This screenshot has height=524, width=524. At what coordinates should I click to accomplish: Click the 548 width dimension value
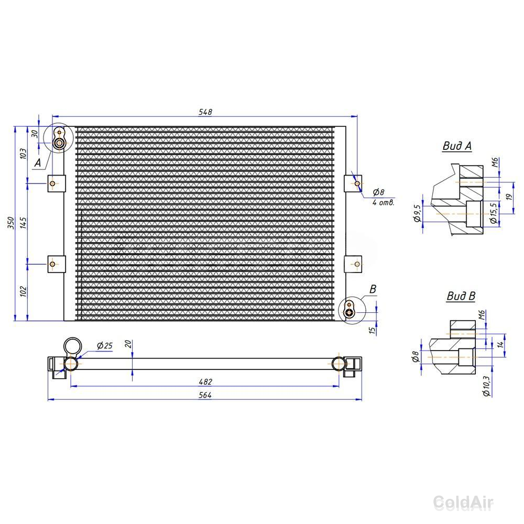click(205, 112)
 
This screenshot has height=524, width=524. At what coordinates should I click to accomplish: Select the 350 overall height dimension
click(11, 223)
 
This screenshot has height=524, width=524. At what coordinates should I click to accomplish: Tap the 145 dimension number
click(23, 223)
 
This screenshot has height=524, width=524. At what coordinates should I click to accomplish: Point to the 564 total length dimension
click(205, 395)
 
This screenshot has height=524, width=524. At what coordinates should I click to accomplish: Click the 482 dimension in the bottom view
click(205, 381)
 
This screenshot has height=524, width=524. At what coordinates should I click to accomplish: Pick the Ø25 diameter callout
click(105, 345)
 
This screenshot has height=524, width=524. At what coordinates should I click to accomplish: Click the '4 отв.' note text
click(384, 202)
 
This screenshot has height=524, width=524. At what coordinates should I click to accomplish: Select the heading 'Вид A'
click(457, 146)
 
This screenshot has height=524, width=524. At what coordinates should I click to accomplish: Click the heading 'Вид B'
click(461, 296)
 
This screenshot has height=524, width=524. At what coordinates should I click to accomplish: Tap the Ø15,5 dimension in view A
click(494, 213)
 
